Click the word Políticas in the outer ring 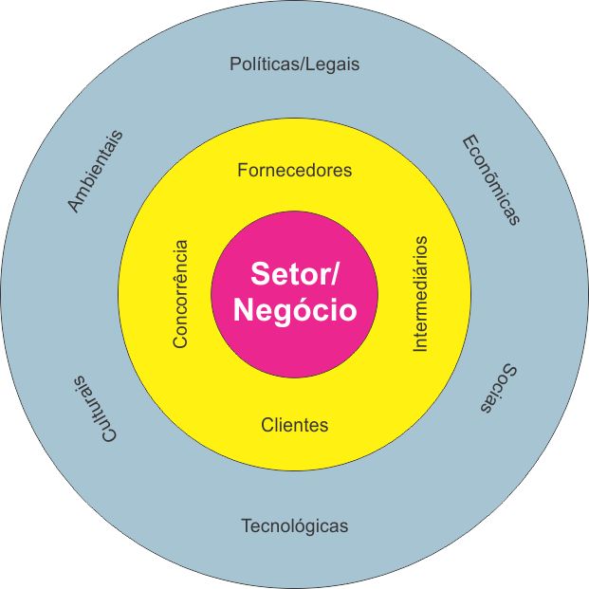pyautogui.click(x=262, y=65)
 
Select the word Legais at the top pyautogui.click(x=333, y=65)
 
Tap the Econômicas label pyautogui.click(x=491, y=180)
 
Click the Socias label pyautogui.click(x=497, y=388)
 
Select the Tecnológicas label pyautogui.click(x=294, y=525)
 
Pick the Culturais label pyautogui.click(x=93, y=408)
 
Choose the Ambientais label pyautogui.click(x=95, y=171)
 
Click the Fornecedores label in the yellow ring pyautogui.click(x=294, y=171)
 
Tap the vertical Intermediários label pyautogui.click(x=421, y=294)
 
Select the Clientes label pyautogui.click(x=294, y=425)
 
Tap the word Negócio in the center pyautogui.click(x=294, y=310)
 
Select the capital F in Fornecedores pyautogui.click(x=242, y=171)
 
